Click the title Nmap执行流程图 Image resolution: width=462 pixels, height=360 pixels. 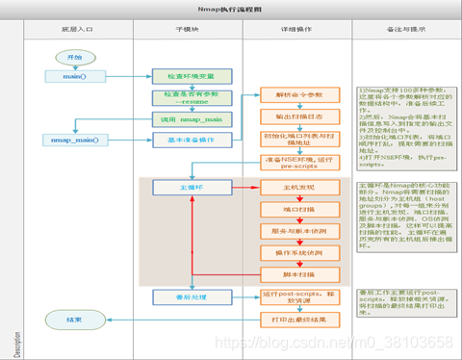coord(231,8)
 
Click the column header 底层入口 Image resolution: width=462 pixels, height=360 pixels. coord(79,30)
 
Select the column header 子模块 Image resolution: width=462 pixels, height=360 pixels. coord(188,30)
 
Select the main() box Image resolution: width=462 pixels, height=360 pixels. coord(74,76)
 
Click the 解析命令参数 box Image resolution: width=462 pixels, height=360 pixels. coord(297,94)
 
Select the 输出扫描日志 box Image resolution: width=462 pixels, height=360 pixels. coord(297,116)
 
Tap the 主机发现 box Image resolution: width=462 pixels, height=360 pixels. coord(297,187)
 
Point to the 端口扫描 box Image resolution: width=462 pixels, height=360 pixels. coord(297,209)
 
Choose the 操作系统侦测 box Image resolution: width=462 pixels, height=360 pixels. coord(297,252)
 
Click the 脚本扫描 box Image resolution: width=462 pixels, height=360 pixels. coord(297,273)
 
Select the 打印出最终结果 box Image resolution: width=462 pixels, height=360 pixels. coord(297,319)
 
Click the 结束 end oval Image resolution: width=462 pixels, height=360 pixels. coord(74,319)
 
